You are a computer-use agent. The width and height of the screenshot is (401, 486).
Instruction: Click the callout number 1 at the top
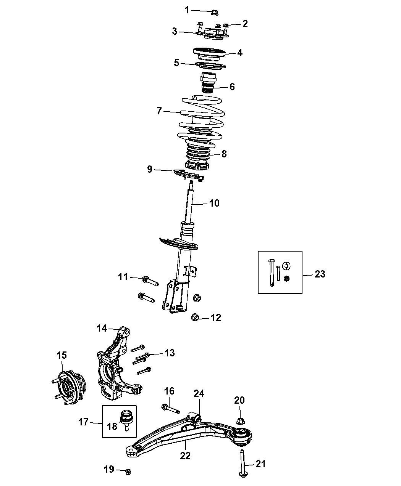tap(187, 10)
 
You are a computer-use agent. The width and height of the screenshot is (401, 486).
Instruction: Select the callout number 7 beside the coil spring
tap(159, 111)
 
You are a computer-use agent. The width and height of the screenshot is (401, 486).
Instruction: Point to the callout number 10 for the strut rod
tap(214, 203)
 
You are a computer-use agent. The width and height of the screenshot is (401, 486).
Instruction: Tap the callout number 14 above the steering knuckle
tap(102, 328)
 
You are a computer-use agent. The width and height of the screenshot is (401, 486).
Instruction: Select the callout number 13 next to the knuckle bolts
tap(170, 353)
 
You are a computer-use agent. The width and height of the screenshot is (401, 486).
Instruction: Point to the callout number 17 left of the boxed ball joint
tap(84, 422)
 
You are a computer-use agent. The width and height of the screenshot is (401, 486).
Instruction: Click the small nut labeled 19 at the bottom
tap(128, 472)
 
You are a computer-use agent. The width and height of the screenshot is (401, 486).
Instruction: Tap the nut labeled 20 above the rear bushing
tap(240, 421)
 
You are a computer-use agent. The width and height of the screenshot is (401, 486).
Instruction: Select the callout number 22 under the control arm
tap(185, 456)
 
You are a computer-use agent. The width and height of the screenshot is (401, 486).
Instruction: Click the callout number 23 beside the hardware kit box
tap(320, 274)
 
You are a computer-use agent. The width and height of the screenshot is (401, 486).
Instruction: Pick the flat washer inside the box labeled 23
tap(286, 266)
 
